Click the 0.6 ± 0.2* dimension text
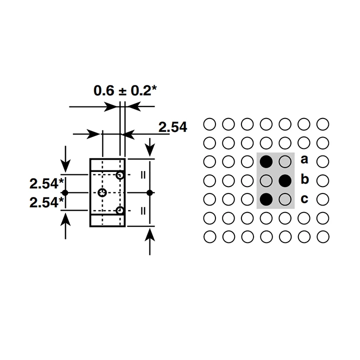coord(125,90)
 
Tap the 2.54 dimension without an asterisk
coord(173,127)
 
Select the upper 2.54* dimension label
coord(46,183)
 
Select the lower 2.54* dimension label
coord(46,202)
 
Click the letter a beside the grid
coord(304,159)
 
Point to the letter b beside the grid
coord(304,179)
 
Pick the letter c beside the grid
coord(304,199)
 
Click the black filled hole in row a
coord(266,161)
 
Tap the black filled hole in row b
coord(285,180)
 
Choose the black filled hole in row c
coord(266,199)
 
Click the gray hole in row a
coord(285,161)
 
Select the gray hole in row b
coord(266,180)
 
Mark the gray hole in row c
coord(285,199)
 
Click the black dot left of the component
coord(65,192)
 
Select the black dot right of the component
coord(149,192)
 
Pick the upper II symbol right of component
coord(143,175)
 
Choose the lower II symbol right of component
coord(143,211)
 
